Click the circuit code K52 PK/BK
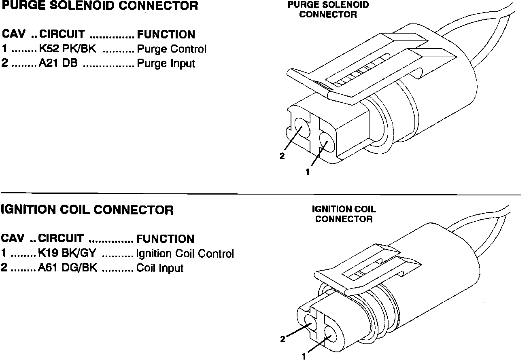(68, 49)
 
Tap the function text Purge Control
(172, 49)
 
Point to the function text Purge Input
(166, 64)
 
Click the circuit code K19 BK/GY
(67, 254)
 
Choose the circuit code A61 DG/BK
(68, 268)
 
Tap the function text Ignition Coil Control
(185, 254)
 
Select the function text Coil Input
(160, 268)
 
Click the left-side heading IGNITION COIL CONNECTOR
(87, 210)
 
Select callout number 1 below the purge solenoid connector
(308, 172)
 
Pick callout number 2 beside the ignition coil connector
(283, 339)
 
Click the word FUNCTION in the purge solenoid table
(166, 34)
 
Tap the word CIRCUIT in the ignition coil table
(61, 239)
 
